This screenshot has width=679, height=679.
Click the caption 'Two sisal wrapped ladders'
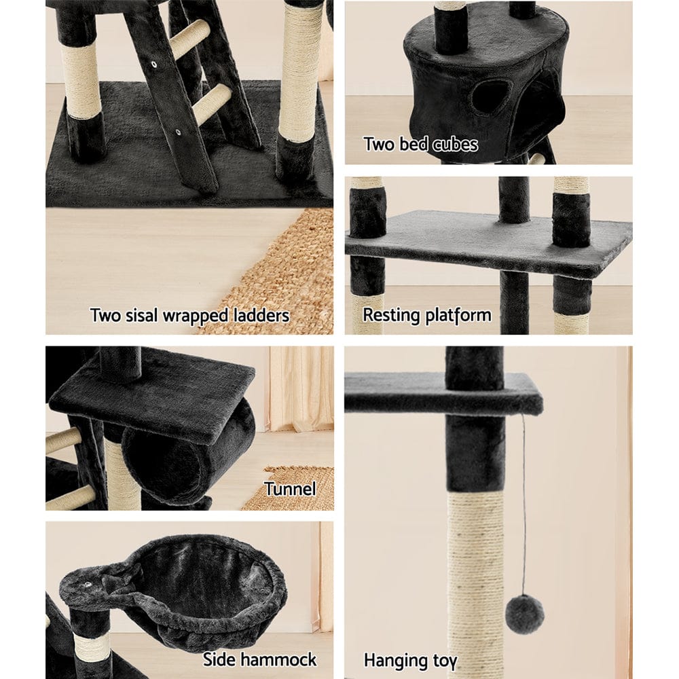pyautogui.click(x=189, y=315)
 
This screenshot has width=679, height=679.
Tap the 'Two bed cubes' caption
pyautogui.click(x=420, y=144)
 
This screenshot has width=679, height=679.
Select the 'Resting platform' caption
pyautogui.click(x=426, y=315)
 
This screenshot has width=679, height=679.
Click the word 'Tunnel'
pyautogui.click(x=290, y=489)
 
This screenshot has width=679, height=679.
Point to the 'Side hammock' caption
pyautogui.click(x=259, y=659)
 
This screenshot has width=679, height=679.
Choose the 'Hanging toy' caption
pyautogui.click(x=410, y=660)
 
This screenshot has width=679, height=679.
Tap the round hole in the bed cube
pyautogui.click(x=490, y=97)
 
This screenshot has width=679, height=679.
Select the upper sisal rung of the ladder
pyautogui.click(x=189, y=39)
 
